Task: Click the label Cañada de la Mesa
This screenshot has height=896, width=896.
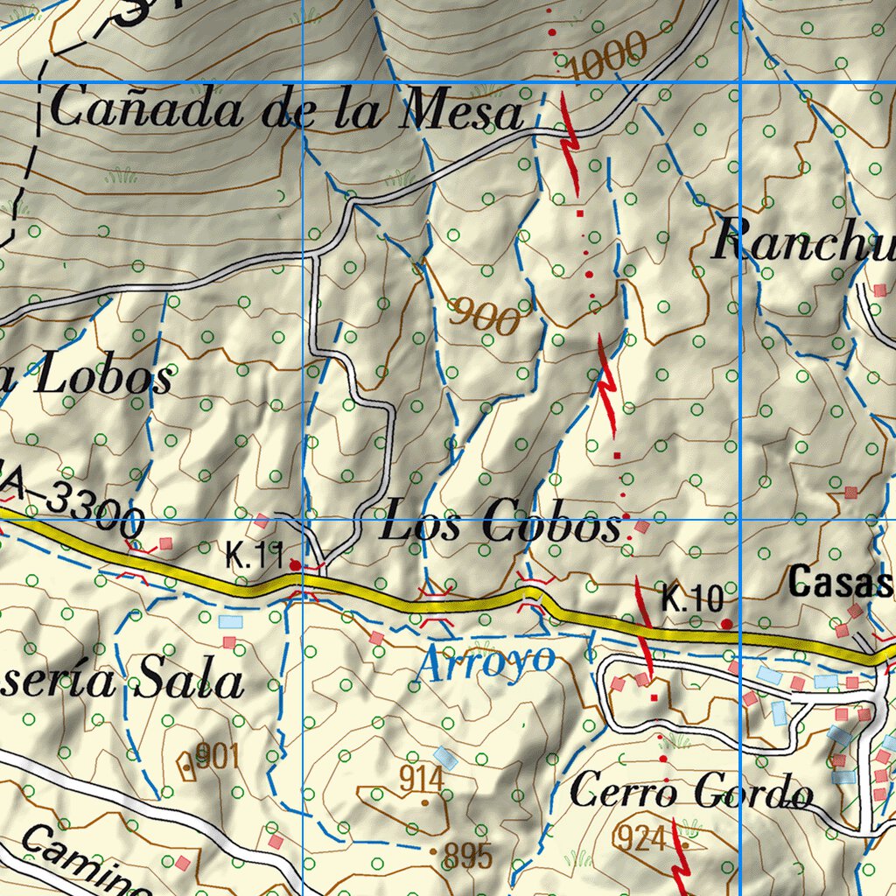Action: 284,112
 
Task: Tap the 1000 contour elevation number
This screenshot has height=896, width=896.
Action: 607,56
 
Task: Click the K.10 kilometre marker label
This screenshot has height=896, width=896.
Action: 691,600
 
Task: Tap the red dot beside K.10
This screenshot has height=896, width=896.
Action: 726,623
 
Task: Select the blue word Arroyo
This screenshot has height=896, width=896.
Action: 486,662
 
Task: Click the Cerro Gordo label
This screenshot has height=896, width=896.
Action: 690,793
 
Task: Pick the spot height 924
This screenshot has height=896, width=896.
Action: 640,837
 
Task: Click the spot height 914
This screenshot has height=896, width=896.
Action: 420,777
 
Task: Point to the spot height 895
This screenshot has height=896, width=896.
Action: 467,855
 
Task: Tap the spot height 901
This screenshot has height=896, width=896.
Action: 216,755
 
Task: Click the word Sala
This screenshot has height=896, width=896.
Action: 188,682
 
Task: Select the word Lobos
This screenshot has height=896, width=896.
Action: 103,378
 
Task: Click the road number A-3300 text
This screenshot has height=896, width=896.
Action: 83,511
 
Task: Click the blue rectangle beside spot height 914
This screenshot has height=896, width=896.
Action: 446,758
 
